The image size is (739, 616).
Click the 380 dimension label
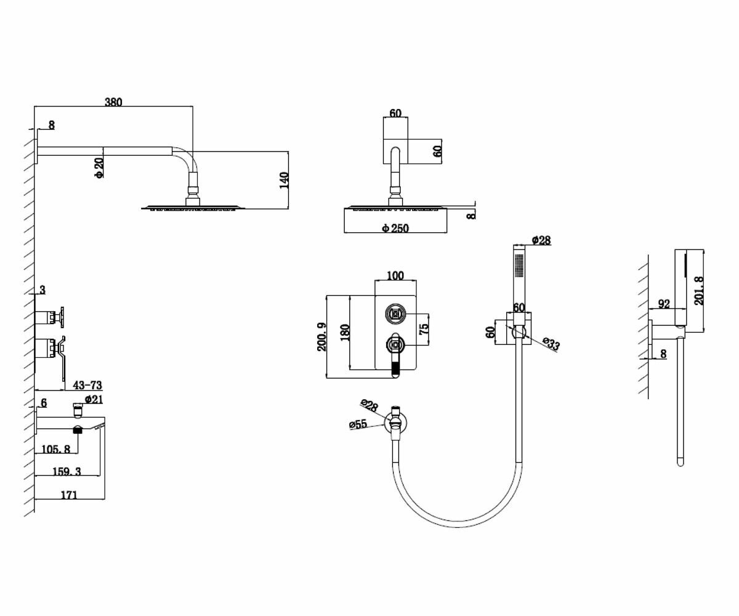[x=113, y=102]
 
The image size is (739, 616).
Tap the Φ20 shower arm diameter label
[x=99, y=168]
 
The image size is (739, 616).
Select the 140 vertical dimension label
[x=284, y=180]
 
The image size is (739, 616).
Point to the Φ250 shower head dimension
[x=395, y=228]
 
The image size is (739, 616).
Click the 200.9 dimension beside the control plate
[x=321, y=337]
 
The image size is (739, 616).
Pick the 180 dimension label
[x=344, y=333]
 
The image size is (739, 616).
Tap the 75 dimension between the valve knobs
[x=424, y=329]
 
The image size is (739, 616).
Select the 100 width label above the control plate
[x=395, y=275]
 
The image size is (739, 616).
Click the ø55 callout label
[x=358, y=424]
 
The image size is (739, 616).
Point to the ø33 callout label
[x=552, y=344]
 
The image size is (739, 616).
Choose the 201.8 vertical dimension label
[x=698, y=290]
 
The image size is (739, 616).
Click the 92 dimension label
[x=664, y=304]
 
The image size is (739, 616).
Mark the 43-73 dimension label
[x=87, y=386]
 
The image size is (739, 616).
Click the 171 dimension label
[x=70, y=495]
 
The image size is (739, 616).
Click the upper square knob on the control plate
[x=395, y=314]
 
